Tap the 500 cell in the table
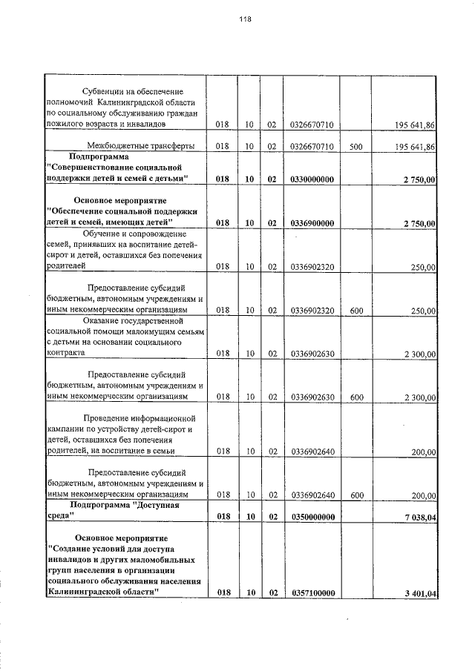[356, 147]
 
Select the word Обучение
[99, 233]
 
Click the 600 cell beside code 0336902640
[356, 494]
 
